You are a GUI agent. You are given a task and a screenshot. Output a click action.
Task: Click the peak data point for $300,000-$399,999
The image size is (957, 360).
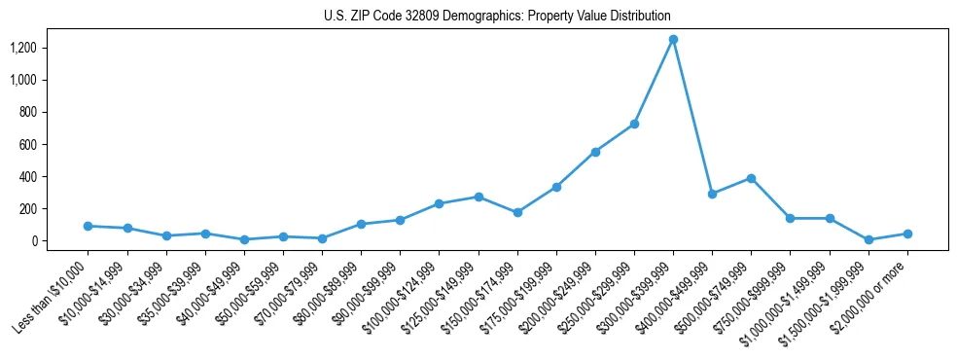tap(673, 40)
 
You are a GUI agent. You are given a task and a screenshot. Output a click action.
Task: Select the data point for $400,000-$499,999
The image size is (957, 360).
tap(712, 194)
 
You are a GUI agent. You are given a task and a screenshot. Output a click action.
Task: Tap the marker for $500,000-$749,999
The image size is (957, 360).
tap(751, 178)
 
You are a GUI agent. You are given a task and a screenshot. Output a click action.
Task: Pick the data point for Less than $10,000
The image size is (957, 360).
tap(88, 226)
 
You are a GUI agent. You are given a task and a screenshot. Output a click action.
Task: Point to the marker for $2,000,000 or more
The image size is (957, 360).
tap(907, 234)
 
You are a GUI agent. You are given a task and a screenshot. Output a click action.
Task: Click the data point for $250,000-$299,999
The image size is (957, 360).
tap(634, 124)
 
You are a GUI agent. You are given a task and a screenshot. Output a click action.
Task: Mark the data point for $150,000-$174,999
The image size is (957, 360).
tap(517, 212)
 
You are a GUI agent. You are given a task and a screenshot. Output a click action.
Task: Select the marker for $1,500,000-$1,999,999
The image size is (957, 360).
tap(868, 239)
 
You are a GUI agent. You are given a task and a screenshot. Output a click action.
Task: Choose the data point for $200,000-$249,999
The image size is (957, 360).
tap(595, 152)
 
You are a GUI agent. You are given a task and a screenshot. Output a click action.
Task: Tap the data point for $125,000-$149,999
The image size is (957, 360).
tap(478, 197)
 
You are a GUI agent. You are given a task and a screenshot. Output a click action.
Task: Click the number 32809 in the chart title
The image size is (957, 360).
tap(417, 17)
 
